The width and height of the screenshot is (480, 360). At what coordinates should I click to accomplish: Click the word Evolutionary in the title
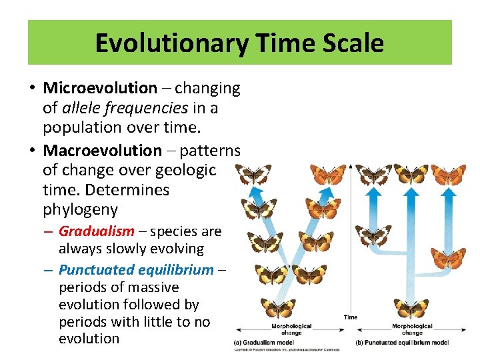tap(169, 43)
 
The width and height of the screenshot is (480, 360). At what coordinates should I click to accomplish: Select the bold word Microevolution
tap(100, 88)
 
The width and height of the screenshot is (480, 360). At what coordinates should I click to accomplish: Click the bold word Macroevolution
tap(102, 151)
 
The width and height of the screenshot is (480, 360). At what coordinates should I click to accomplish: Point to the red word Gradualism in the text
tap(96, 231)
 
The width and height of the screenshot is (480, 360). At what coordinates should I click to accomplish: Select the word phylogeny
tap(80, 209)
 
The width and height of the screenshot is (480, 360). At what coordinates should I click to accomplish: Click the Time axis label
tap(351, 317)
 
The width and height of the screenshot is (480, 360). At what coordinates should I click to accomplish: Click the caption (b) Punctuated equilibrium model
tap(401, 342)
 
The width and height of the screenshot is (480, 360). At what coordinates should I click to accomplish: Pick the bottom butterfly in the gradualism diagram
tap(278, 308)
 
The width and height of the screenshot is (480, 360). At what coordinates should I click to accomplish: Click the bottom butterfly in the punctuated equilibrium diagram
tap(411, 308)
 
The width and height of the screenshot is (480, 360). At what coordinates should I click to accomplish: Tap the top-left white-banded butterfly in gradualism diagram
tap(253, 175)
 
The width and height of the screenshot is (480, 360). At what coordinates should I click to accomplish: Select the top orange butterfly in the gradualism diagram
tap(328, 175)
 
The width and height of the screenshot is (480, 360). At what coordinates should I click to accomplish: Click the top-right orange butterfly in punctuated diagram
tap(449, 174)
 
